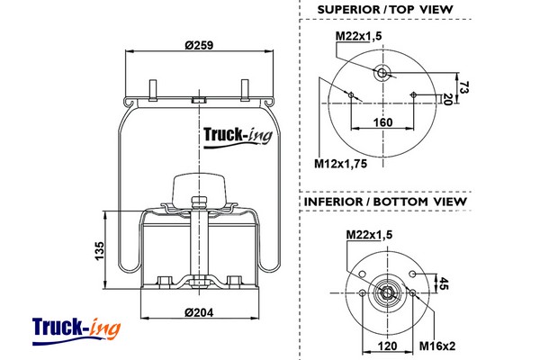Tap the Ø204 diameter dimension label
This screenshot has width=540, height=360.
(199, 312)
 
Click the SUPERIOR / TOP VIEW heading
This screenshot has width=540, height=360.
(385, 11)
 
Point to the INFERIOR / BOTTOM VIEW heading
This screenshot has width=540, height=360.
(385, 202)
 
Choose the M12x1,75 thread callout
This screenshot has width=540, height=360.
(341, 164)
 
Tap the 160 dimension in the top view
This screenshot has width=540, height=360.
(382, 123)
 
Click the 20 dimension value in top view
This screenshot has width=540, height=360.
(447, 99)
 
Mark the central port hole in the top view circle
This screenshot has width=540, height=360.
(382, 73)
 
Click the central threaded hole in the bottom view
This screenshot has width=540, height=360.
(387, 292)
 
